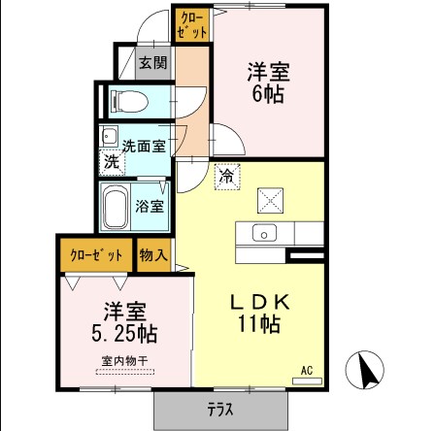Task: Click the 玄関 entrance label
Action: click(152, 64)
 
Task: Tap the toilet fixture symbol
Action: click(127, 100)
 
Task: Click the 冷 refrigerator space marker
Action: click(225, 177)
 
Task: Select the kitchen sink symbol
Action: click(263, 233)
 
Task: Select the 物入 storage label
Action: click(153, 255)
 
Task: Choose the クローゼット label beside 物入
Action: click(97, 255)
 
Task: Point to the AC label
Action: click(307, 370)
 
